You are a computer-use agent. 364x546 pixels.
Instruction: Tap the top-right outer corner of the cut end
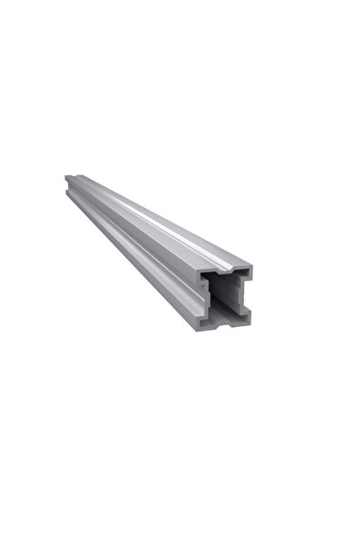click(x=253, y=266)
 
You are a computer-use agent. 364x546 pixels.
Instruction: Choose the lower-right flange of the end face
click(x=248, y=316)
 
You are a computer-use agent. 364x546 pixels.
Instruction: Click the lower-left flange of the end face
click(x=205, y=316)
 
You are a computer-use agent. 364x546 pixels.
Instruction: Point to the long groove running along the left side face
click(x=136, y=245)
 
